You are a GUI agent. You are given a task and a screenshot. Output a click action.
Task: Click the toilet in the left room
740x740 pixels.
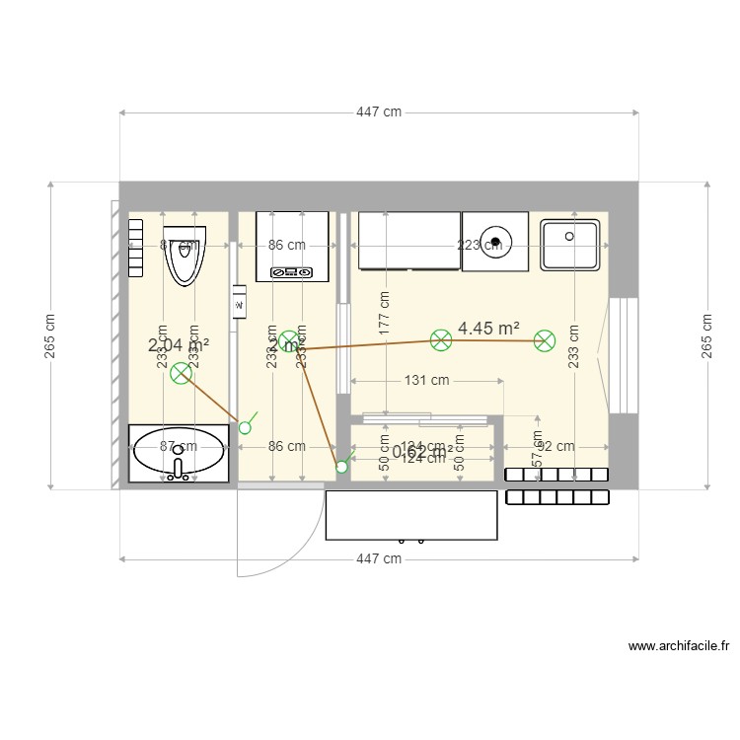click(185, 255)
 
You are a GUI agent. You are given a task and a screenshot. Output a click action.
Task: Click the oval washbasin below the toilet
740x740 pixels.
click(179, 454)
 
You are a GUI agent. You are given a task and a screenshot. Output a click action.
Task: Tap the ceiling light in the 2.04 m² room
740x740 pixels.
click(181, 373)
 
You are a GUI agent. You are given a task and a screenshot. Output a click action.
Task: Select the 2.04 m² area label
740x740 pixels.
click(179, 344)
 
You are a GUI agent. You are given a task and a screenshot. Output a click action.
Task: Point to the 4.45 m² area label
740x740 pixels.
click(488, 328)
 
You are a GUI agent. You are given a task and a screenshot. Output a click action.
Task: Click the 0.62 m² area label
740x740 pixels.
click(422, 452)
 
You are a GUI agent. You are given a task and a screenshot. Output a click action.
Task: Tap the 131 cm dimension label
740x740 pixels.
click(426, 380)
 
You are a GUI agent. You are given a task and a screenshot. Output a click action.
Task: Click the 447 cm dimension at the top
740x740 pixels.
click(379, 112)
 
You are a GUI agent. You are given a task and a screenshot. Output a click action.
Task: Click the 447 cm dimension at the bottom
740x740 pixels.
click(379, 558)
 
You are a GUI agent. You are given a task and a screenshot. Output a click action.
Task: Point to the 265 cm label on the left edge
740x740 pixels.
click(50, 336)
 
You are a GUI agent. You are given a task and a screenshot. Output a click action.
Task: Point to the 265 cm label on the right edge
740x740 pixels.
click(706, 336)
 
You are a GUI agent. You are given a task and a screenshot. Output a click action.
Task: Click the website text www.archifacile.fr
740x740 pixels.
click(679, 647)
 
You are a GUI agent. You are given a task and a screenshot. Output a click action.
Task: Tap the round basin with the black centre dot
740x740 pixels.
click(495, 240)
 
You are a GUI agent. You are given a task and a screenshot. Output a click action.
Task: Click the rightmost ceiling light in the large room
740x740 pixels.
click(545, 341)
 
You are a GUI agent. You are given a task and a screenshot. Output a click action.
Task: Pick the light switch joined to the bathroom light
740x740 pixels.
click(246, 426)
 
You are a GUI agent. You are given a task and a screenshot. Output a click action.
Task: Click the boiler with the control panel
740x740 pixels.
click(291, 246)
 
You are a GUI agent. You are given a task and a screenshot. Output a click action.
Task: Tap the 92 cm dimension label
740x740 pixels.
click(557, 447)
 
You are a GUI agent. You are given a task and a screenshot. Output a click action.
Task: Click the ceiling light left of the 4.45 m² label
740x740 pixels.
click(441, 340)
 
